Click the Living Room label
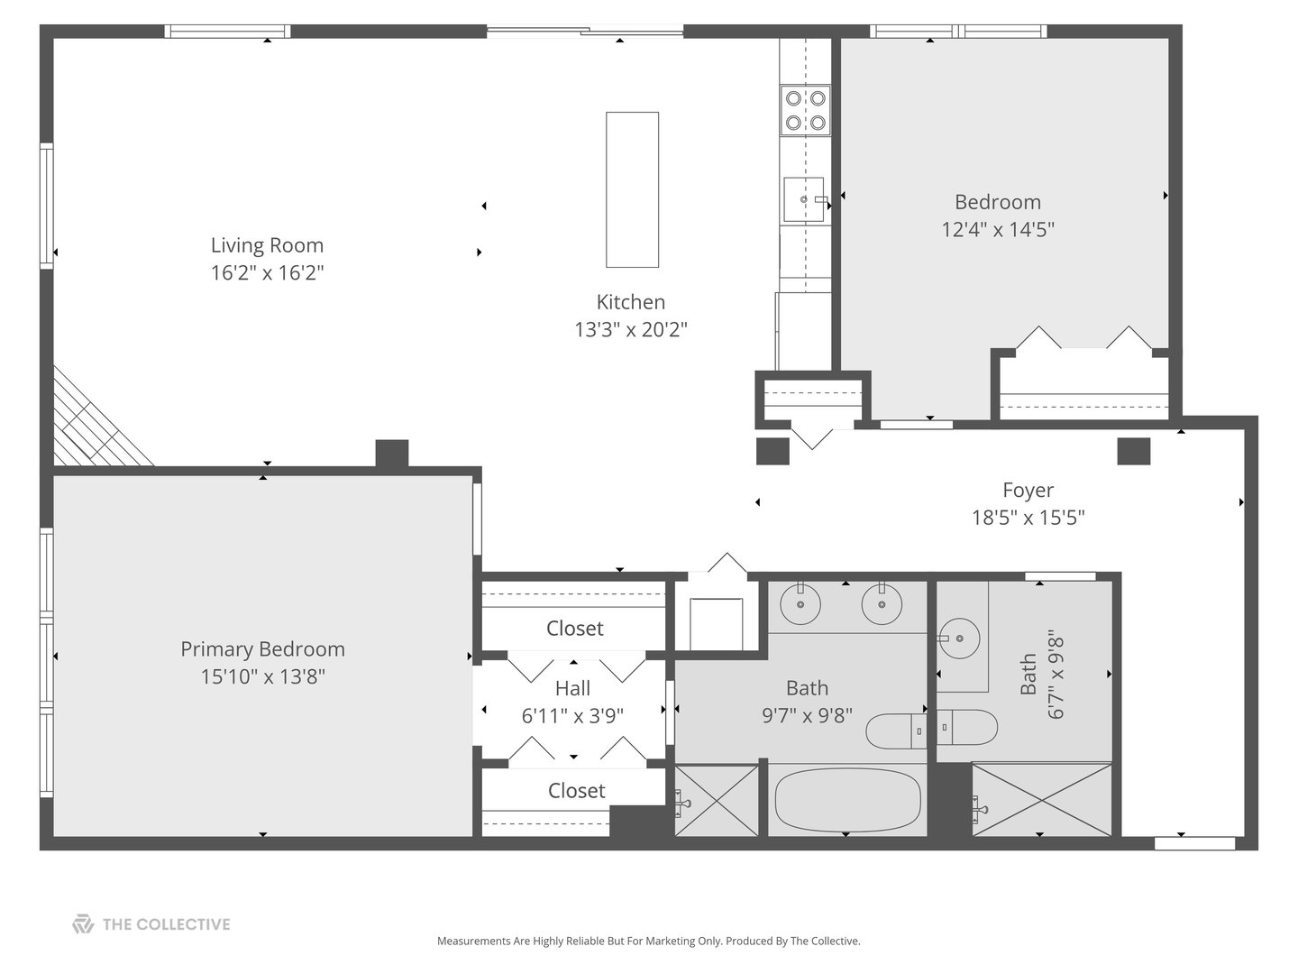pos(267,245)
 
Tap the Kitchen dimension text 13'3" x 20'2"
pos(631,330)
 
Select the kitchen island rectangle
pos(632,189)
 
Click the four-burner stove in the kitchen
pos(805,110)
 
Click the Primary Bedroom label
pos(262,649)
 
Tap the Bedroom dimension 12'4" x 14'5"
pos(998,230)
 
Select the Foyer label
pos(1028,491)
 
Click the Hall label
pos(572,689)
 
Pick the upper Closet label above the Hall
pos(574,629)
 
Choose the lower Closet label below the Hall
pos(576,791)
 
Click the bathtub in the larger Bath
pos(847,800)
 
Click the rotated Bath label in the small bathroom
pos(1028,675)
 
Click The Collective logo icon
pos(83,924)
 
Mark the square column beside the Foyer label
pos(1133,451)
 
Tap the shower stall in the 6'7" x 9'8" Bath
pos(1042,800)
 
